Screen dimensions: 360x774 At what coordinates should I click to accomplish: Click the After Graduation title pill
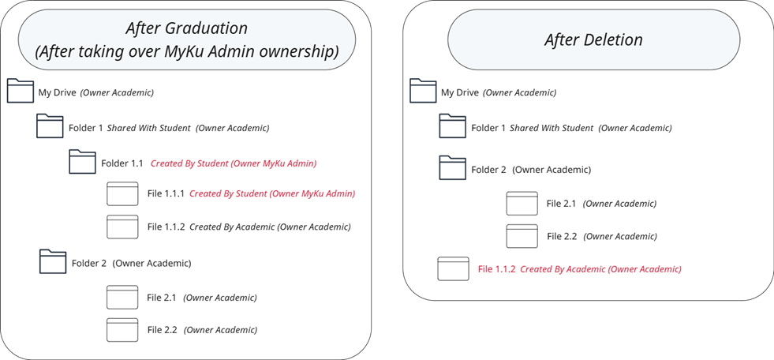tap(187, 39)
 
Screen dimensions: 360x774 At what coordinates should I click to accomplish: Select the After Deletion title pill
tap(593, 39)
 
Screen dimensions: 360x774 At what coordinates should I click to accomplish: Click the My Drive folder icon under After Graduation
tap(21, 92)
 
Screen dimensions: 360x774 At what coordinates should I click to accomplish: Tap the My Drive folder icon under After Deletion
tap(423, 92)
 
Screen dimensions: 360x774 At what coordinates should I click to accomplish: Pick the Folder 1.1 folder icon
tap(82, 162)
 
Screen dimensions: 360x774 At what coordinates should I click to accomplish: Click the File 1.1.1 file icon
tap(122, 193)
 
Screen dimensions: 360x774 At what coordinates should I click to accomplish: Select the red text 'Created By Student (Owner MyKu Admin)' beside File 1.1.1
tap(272, 193)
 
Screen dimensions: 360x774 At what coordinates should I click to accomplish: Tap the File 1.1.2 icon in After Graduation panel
tap(122, 227)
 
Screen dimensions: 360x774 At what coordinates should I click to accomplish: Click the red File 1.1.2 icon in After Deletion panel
tap(453, 269)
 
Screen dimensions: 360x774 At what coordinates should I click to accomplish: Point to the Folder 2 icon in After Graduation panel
tap(53, 262)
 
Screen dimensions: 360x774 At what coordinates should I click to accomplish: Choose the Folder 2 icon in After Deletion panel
tap(453, 168)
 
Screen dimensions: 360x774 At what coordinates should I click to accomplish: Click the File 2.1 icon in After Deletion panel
tap(522, 204)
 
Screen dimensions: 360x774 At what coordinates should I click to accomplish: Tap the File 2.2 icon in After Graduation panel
tap(122, 330)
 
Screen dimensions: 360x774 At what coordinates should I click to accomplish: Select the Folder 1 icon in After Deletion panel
tap(453, 126)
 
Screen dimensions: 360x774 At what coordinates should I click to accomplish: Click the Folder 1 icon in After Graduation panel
tap(50, 126)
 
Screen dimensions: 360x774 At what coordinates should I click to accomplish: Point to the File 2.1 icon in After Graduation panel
tap(122, 298)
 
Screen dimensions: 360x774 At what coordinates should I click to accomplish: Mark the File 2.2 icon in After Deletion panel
tap(522, 236)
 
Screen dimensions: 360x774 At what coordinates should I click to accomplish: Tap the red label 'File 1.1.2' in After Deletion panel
tap(496, 269)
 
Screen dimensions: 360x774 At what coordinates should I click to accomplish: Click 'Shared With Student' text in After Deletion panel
tap(551, 128)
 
